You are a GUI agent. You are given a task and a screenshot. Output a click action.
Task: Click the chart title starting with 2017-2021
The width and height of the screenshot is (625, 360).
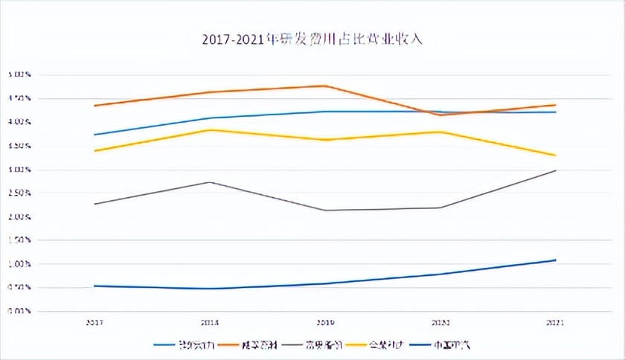click(x=312, y=39)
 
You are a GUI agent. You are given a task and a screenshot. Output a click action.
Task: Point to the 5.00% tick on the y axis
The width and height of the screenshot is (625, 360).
click(x=19, y=74)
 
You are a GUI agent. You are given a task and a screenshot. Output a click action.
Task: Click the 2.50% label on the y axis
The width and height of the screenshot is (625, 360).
click(x=19, y=193)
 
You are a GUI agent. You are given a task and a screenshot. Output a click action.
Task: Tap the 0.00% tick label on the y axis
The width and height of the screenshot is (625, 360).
click(x=19, y=312)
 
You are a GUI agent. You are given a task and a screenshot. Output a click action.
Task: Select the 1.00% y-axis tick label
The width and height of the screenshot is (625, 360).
click(x=19, y=264)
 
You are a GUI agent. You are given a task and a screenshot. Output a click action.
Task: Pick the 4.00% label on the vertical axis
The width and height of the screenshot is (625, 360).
click(x=19, y=122)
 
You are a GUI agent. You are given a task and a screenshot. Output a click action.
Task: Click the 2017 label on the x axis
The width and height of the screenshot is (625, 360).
click(x=94, y=323)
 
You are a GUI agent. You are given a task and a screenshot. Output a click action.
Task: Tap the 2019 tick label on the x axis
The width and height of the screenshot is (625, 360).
click(x=324, y=323)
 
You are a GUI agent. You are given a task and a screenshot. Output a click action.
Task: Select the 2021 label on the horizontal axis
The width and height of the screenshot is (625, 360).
click(x=554, y=323)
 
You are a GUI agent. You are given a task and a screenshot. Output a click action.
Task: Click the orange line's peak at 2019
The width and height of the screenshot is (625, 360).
click(x=324, y=86)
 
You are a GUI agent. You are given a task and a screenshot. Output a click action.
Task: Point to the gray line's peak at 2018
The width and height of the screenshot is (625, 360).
click(x=210, y=182)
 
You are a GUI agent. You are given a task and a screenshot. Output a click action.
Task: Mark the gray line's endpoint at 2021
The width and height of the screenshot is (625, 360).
click(x=555, y=171)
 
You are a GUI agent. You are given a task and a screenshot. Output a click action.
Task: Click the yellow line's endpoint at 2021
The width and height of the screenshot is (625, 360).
click(x=555, y=155)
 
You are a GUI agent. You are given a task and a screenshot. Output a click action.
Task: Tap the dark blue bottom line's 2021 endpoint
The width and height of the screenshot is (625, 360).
click(x=555, y=260)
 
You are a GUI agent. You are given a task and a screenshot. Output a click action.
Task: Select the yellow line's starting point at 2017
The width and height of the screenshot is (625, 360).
click(x=94, y=151)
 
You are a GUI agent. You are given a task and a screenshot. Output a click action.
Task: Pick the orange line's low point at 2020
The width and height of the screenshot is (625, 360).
click(x=440, y=115)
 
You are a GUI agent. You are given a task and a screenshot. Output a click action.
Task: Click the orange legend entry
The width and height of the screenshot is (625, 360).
click(x=252, y=345)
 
